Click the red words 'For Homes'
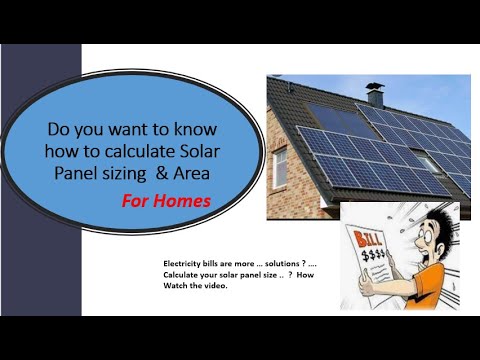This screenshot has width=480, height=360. (x=167, y=199)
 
